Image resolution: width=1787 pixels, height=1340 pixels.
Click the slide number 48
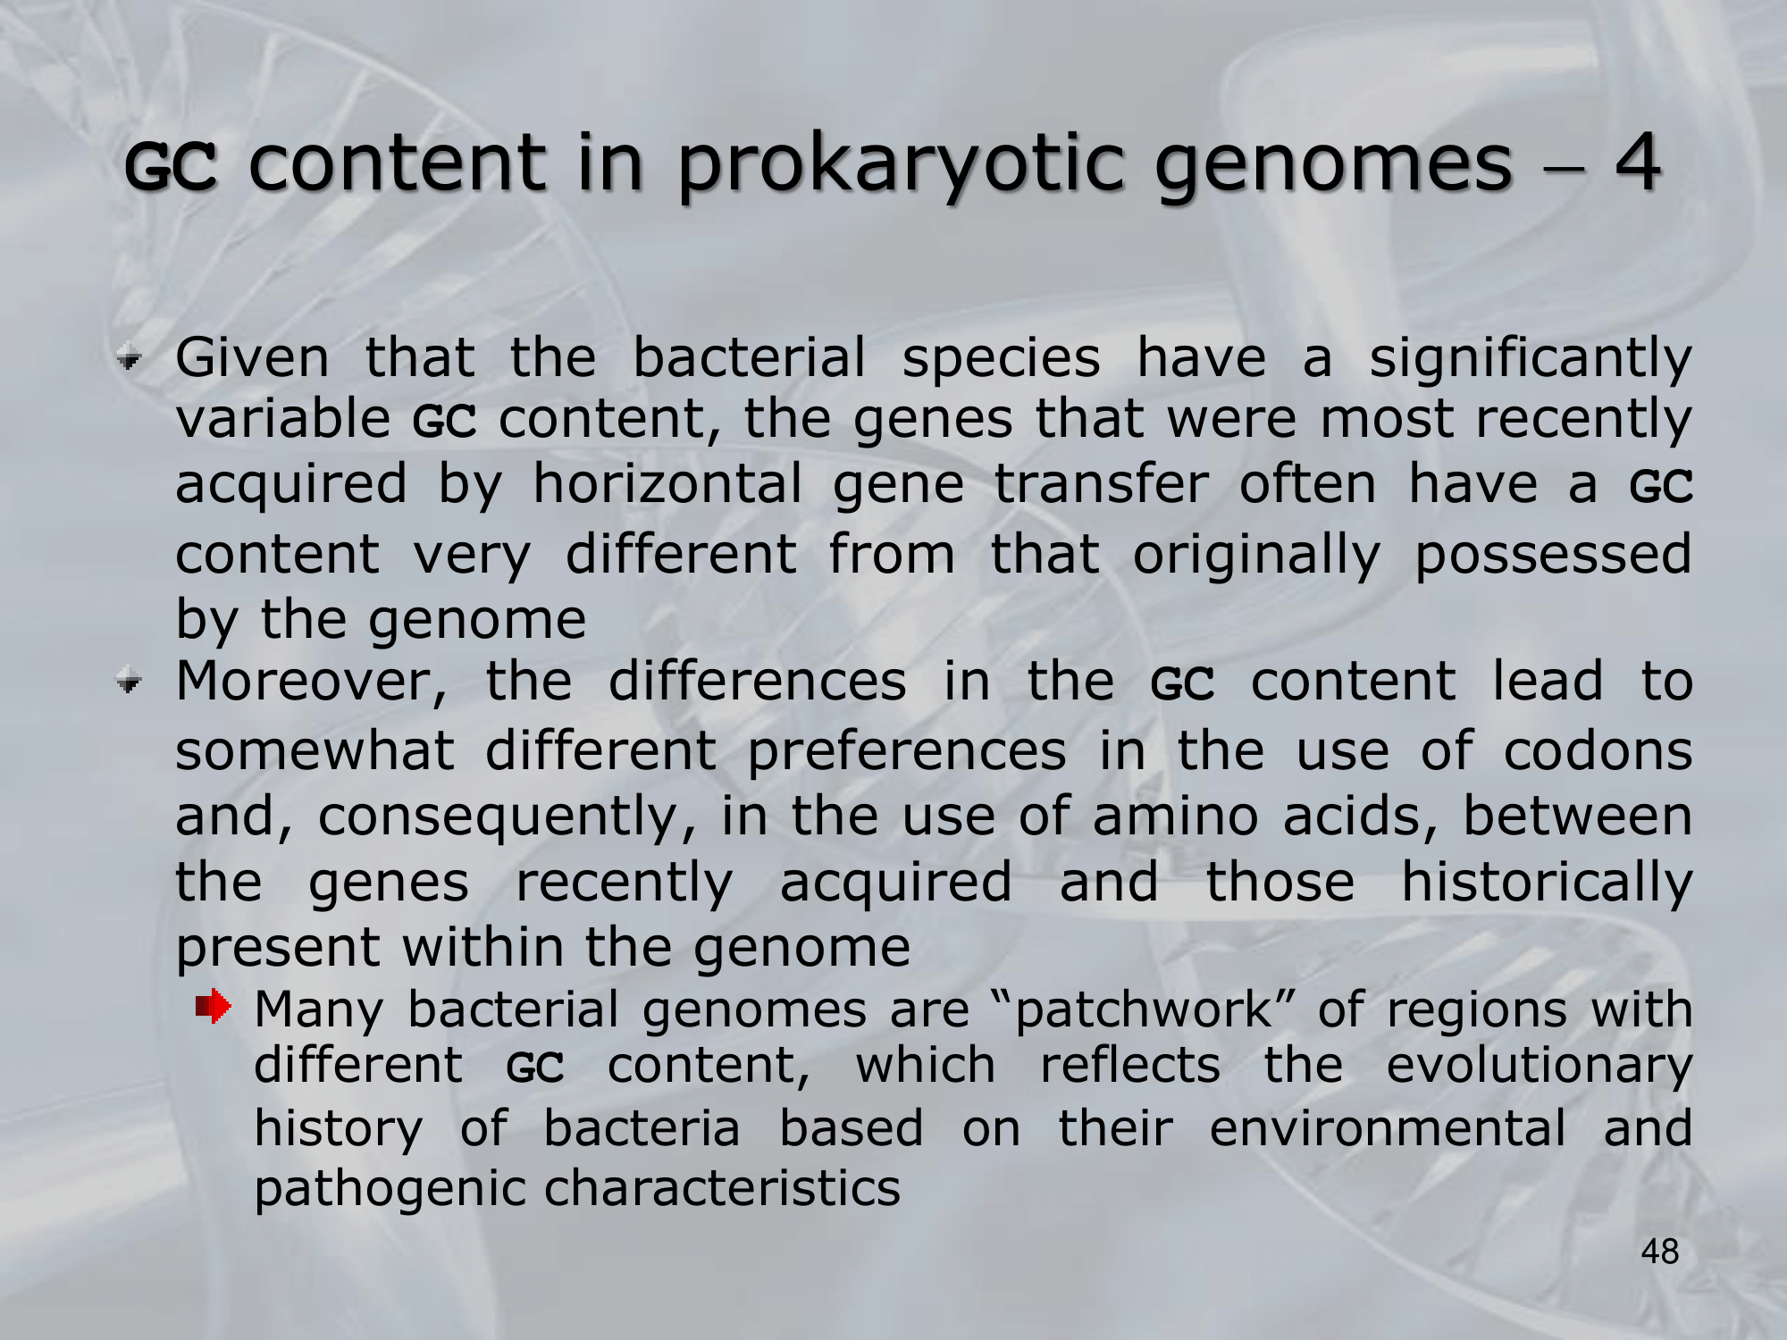[1659, 1252]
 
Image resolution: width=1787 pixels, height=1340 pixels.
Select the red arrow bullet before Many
[214, 1008]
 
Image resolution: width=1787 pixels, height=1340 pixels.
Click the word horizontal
[667, 484]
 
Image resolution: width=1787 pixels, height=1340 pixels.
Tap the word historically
[1547, 883]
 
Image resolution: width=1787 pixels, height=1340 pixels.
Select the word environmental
[1388, 1128]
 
